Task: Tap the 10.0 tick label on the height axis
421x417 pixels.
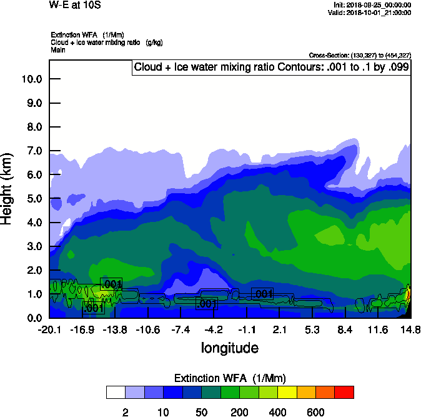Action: point(31,79)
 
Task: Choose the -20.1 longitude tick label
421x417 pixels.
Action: point(49,329)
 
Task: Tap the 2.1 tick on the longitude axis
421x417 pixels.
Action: point(279,329)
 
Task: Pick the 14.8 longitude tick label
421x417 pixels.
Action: point(410,329)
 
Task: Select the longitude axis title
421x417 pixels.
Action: point(229,348)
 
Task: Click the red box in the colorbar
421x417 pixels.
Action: point(344,393)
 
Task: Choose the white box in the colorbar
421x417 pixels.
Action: point(116,393)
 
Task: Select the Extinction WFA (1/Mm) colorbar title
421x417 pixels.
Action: point(230,378)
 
